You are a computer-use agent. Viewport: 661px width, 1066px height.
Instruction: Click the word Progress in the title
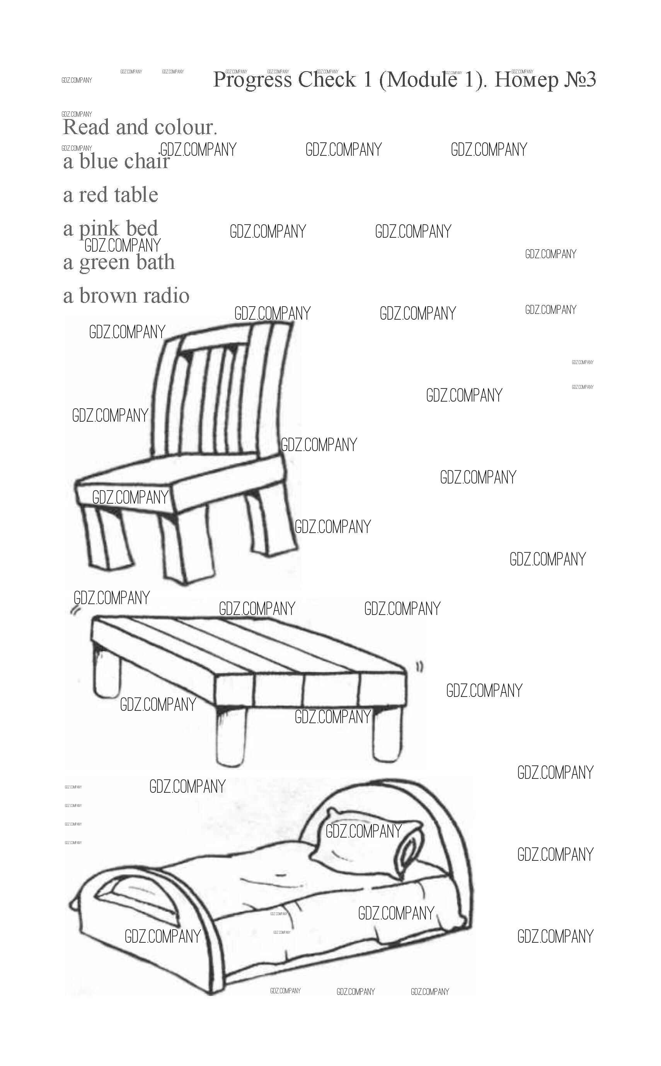(252, 80)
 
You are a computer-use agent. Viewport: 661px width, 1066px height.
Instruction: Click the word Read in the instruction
(86, 127)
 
